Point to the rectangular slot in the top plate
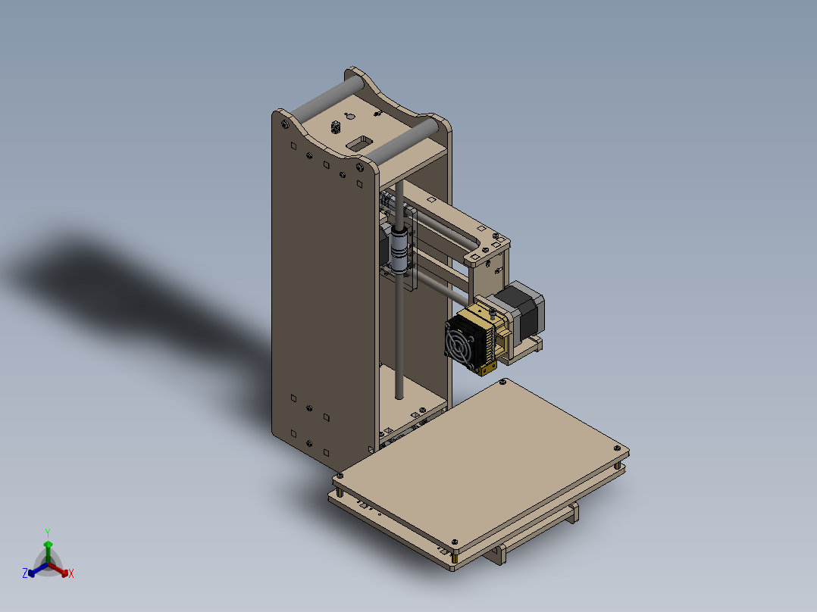pyautogui.click(x=361, y=142)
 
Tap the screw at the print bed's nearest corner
pyautogui.click(x=454, y=542)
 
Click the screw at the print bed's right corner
pyautogui.click(x=619, y=448)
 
